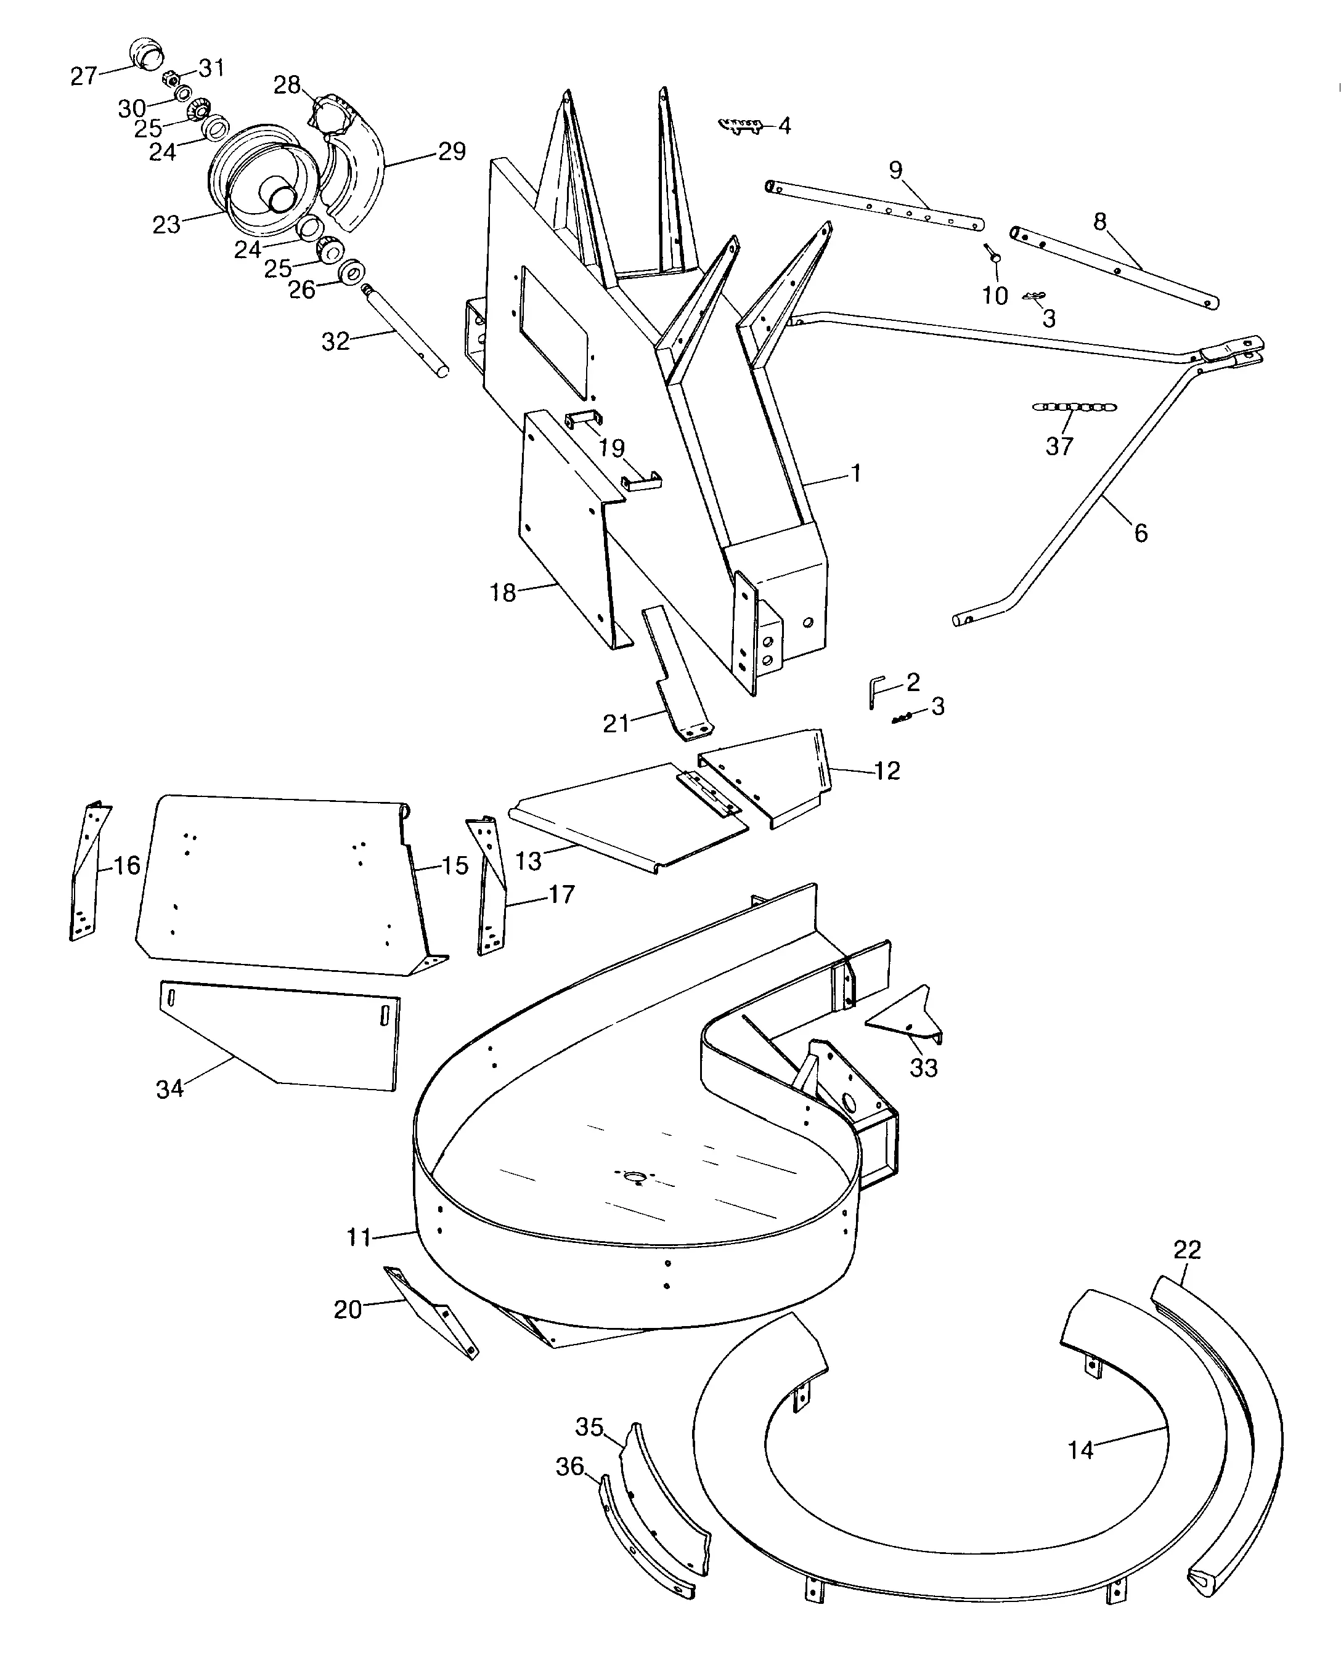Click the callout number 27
(83, 76)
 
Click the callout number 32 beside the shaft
(335, 341)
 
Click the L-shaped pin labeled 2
(874, 689)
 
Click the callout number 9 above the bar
(895, 169)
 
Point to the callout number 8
(1100, 222)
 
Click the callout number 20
(348, 1309)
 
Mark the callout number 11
(359, 1237)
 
